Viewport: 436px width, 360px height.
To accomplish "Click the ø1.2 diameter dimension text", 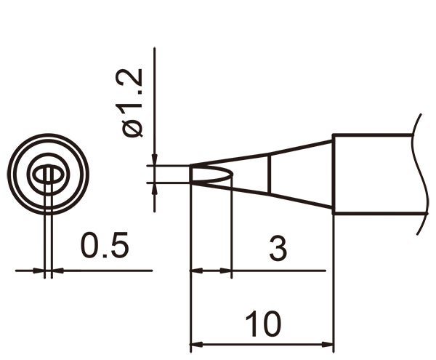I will click(x=134, y=104).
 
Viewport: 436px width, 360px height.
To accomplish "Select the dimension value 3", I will click(x=278, y=249).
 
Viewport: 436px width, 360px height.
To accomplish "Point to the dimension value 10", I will click(x=262, y=324).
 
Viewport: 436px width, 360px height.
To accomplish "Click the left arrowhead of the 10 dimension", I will click(x=195, y=345).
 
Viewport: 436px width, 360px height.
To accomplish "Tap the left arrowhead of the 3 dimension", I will click(x=195, y=271).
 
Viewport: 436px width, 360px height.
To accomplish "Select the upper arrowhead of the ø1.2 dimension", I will click(x=155, y=161).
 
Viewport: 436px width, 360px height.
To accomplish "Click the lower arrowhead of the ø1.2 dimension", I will click(x=155, y=186).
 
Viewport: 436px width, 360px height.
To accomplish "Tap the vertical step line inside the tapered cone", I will click(x=270, y=174).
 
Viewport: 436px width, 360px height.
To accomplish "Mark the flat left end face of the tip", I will click(x=190, y=174).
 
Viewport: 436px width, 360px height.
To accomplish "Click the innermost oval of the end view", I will click(x=47, y=174).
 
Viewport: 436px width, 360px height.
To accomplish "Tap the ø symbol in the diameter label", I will click(x=134, y=128).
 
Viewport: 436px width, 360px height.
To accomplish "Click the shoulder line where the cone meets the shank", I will click(x=333, y=174).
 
